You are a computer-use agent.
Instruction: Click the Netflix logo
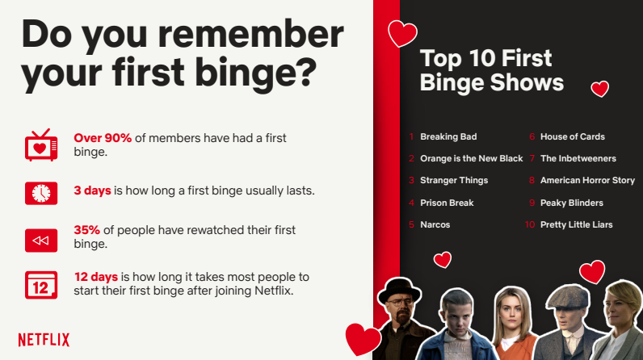click(x=44, y=340)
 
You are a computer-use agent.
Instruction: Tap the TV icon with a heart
click(x=41, y=145)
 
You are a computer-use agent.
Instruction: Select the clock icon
click(x=41, y=193)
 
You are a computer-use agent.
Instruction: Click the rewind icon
click(x=41, y=241)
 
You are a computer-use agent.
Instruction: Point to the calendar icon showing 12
click(x=41, y=285)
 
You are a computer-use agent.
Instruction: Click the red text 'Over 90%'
click(x=103, y=138)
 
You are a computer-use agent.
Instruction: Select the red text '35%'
click(x=87, y=230)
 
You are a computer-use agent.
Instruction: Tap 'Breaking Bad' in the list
click(x=448, y=136)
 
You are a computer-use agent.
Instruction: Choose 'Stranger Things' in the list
click(x=454, y=181)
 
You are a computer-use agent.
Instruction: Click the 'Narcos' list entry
click(x=435, y=224)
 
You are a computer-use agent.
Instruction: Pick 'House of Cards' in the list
click(x=573, y=136)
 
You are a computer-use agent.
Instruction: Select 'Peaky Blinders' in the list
click(x=572, y=203)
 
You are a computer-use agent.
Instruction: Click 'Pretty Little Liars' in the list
click(x=576, y=224)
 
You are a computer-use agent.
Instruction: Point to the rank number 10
click(x=530, y=224)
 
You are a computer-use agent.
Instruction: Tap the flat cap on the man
click(x=569, y=297)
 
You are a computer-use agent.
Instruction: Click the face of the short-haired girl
click(x=457, y=315)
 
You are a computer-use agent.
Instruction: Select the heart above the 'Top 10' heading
click(x=402, y=33)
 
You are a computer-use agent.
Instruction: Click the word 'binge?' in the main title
click(x=256, y=73)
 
